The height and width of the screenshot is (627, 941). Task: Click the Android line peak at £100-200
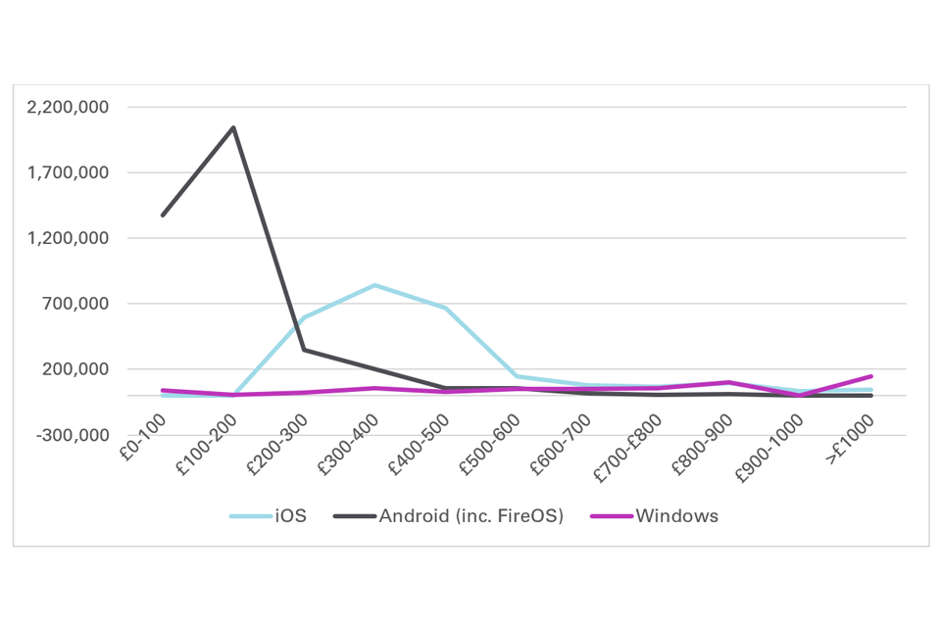tap(233, 127)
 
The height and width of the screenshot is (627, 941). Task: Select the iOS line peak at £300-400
tap(375, 285)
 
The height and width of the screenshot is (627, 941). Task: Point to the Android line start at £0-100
tap(163, 215)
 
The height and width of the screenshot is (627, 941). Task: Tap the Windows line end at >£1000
tap(871, 376)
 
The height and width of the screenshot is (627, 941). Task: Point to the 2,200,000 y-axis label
tap(69, 108)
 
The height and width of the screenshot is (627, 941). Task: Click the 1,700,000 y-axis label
tap(69, 173)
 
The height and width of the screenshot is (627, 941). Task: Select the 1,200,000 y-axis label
tap(69, 239)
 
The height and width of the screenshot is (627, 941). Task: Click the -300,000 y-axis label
tap(73, 436)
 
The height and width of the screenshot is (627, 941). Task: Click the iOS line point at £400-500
tap(446, 308)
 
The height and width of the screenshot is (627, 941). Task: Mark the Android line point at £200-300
tap(305, 350)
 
